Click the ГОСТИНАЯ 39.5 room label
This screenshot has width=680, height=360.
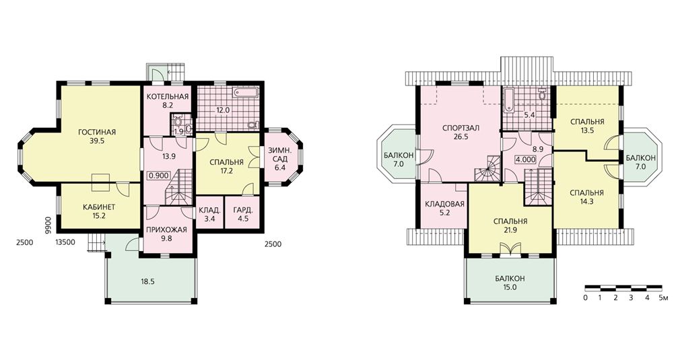(x=97, y=137)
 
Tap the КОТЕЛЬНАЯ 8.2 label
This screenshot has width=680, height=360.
(x=168, y=100)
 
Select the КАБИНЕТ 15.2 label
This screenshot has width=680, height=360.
(x=99, y=211)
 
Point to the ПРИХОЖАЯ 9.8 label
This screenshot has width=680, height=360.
(x=166, y=233)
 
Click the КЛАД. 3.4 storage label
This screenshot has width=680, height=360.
(x=210, y=215)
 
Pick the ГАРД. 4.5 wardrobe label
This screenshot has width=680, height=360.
(x=243, y=215)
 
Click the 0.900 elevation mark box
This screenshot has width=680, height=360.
(x=159, y=176)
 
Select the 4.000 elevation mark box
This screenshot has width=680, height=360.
(x=526, y=159)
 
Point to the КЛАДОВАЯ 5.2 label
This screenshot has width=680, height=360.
(x=444, y=209)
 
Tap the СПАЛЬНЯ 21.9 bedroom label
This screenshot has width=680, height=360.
(x=510, y=225)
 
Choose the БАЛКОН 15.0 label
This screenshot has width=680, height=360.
(x=510, y=283)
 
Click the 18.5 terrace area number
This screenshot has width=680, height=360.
(x=147, y=281)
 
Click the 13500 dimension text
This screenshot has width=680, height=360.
(x=66, y=243)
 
